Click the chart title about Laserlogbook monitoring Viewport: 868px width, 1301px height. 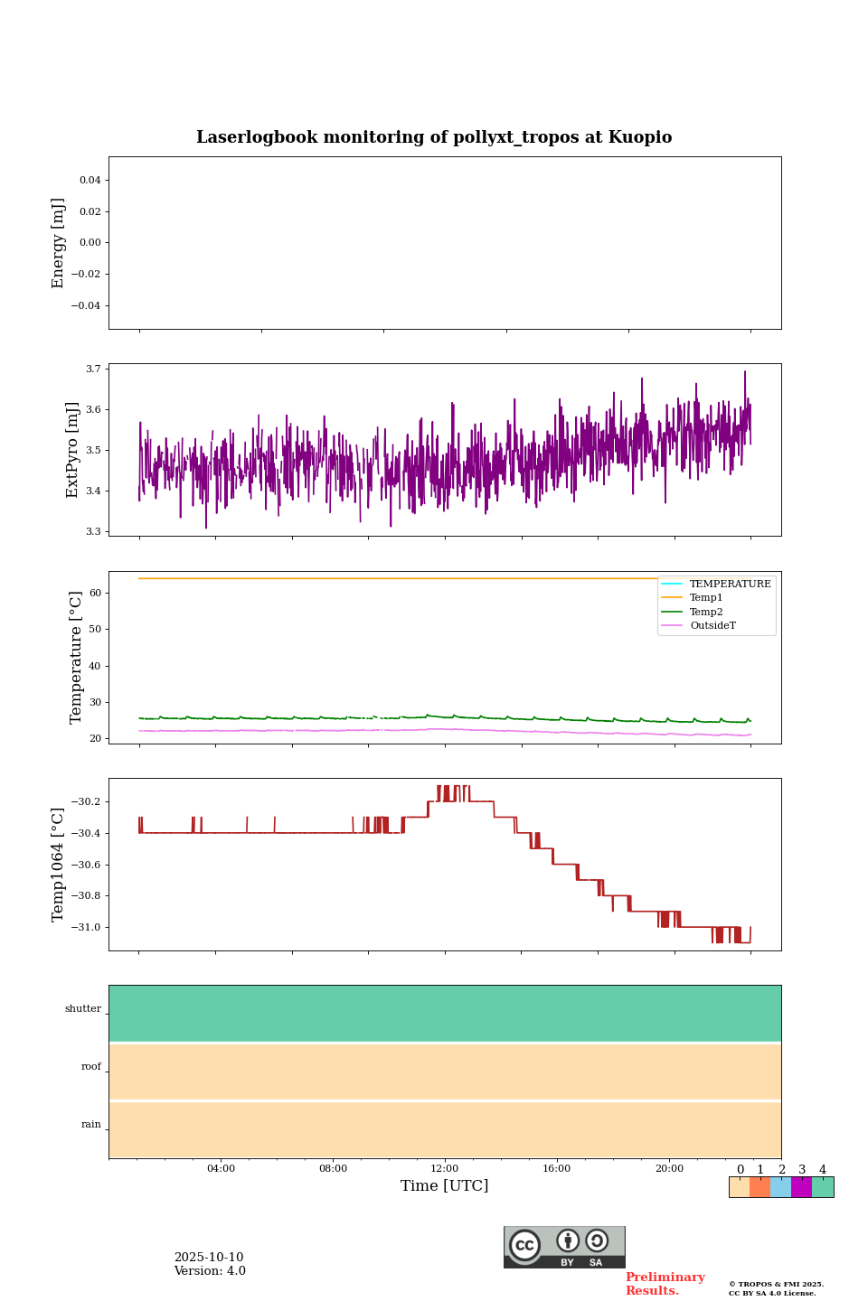(x=434, y=137)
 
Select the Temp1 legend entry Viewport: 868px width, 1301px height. (x=706, y=598)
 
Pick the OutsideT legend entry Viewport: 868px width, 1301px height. (x=712, y=626)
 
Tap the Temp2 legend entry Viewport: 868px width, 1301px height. (x=706, y=613)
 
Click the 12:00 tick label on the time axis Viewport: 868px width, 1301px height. (x=445, y=1169)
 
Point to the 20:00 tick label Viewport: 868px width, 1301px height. (x=669, y=1169)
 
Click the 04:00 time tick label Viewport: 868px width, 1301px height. (x=221, y=1169)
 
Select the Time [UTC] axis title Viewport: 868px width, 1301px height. (x=445, y=1186)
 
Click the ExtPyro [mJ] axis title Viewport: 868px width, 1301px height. (x=73, y=450)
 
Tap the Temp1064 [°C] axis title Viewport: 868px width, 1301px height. (x=59, y=865)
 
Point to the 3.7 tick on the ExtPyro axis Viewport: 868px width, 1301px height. (x=93, y=369)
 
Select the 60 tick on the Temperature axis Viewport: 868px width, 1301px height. (x=94, y=594)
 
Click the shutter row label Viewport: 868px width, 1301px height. (x=83, y=1009)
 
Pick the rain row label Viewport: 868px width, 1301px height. (x=91, y=1125)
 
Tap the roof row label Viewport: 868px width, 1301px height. (x=91, y=1067)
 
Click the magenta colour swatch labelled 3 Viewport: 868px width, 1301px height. (x=801, y=1187)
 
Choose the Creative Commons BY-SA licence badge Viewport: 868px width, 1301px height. (x=564, y=1247)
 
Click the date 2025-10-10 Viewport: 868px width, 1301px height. (x=209, y=1258)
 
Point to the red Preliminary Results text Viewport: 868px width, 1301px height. (x=665, y=1284)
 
